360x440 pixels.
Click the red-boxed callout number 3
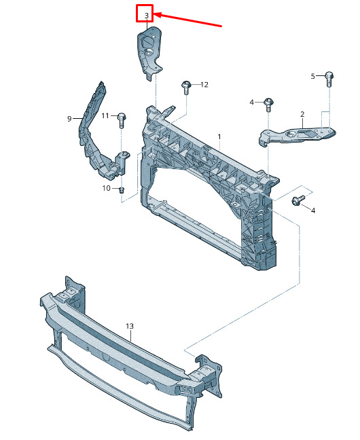pos(147,16)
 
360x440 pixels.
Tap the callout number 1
pos(219,137)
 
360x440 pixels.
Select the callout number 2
pos(302,114)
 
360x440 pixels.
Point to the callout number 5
pos(313,76)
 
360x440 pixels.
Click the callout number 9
pos(69,119)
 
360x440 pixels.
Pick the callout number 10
pos(107,188)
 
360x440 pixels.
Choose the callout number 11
pos(105,115)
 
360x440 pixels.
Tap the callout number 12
pos(204,84)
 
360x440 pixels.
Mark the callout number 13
pos(130,327)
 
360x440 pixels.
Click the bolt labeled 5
pos(329,79)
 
